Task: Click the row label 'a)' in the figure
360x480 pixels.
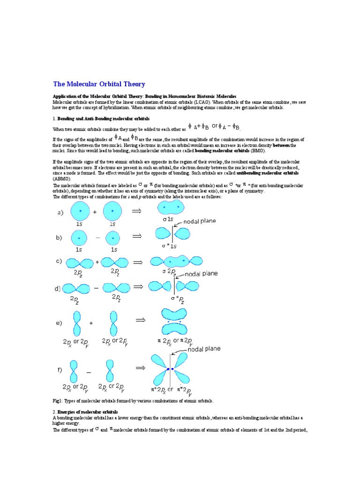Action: tap(60, 213)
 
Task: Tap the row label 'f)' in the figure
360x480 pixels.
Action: tap(60, 370)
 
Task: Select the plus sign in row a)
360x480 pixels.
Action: tap(95, 212)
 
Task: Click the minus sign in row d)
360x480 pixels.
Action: tap(97, 288)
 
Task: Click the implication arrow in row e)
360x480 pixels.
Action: tap(141, 320)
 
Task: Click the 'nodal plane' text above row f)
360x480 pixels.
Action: tap(204, 349)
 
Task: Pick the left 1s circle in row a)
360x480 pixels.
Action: tap(80, 211)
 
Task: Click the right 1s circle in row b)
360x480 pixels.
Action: tap(114, 238)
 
